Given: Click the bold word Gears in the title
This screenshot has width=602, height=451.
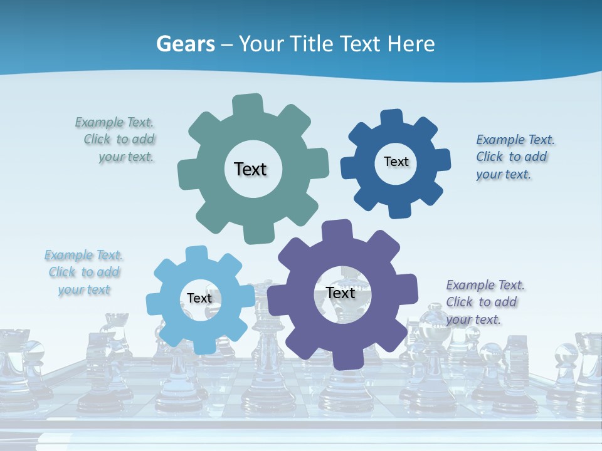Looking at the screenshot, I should coord(186,44).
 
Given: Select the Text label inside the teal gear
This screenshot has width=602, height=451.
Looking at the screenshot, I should coord(250,169).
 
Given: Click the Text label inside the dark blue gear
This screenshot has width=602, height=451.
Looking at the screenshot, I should coord(396,162).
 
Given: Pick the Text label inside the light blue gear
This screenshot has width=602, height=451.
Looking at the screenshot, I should coord(199,298).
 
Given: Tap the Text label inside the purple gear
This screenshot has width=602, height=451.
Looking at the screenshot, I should coord(341,293).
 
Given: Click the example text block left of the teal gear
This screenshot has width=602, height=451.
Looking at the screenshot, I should coord(115,140).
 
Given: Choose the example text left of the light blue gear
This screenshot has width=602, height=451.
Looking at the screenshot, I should coord(83,272).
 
